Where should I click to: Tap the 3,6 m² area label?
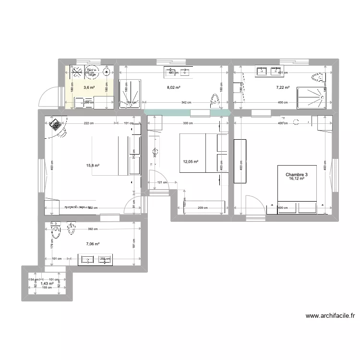pyautogui.click(x=89, y=87)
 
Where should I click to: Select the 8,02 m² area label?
pyautogui.click(x=173, y=87)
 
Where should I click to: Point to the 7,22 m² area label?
pyautogui.click(x=283, y=87)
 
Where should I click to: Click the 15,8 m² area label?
pyautogui.click(x=93, y=166)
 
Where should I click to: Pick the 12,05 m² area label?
pyautogui.click(x=191, y=162)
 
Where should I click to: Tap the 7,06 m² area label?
pyautogui.click(x=93, y=244)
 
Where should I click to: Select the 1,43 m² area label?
pyautogui.click(x=47, y=284)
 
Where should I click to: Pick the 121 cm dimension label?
pyautogui.click(x=162, y=182)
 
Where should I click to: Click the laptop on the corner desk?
pyautogui.click(x=56, y=126)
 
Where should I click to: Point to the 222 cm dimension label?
pyautogui.click(x=86, y=123)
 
